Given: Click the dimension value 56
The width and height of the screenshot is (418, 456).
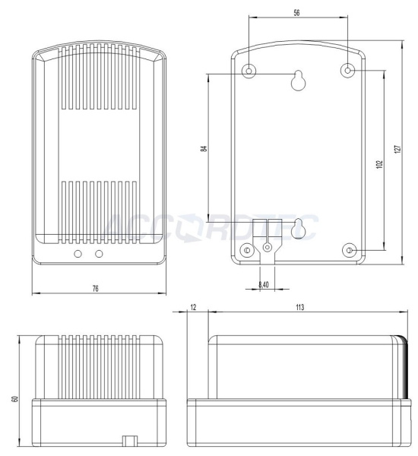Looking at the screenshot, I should [298, 14].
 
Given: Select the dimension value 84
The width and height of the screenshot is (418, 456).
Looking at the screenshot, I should [204, 149].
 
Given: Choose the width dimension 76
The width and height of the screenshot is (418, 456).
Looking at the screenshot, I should [95, 289].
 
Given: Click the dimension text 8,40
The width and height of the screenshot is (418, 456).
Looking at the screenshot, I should [264, 283].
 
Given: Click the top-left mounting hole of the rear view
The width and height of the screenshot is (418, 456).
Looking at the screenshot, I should [250, 71].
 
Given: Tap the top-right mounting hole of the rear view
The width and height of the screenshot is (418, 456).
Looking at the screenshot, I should [348, 71].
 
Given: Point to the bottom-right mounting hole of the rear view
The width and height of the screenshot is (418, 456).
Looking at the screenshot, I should [350, 251].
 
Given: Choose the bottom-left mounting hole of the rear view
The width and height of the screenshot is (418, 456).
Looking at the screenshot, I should [245, 251].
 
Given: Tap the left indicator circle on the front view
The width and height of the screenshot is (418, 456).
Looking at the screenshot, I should [78, 253].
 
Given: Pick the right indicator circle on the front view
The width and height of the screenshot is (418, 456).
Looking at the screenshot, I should [99, 253].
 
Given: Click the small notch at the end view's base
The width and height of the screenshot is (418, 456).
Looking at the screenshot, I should [128, 440].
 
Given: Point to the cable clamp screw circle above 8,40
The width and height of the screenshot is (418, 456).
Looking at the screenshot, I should [267, 246].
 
